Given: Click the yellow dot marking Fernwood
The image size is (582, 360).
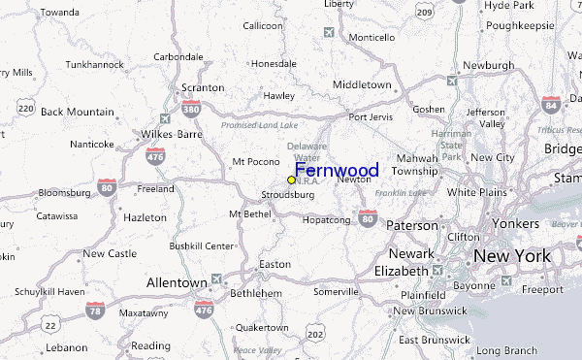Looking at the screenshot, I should point(291,180).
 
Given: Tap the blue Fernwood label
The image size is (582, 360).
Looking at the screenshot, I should point(337,171).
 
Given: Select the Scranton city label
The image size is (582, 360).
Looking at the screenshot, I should point(202,87).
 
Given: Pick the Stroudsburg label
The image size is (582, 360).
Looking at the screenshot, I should point(288,195).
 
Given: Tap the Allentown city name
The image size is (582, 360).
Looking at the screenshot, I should point(176,282).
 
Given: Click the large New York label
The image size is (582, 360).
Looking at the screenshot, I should point(512,256).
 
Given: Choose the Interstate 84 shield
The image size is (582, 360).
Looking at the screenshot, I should point(552,104).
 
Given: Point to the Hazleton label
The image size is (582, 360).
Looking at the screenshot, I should point(145,218).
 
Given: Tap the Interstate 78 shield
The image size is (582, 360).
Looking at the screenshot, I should point(95,310).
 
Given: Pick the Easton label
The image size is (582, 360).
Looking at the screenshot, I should point(275,264).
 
